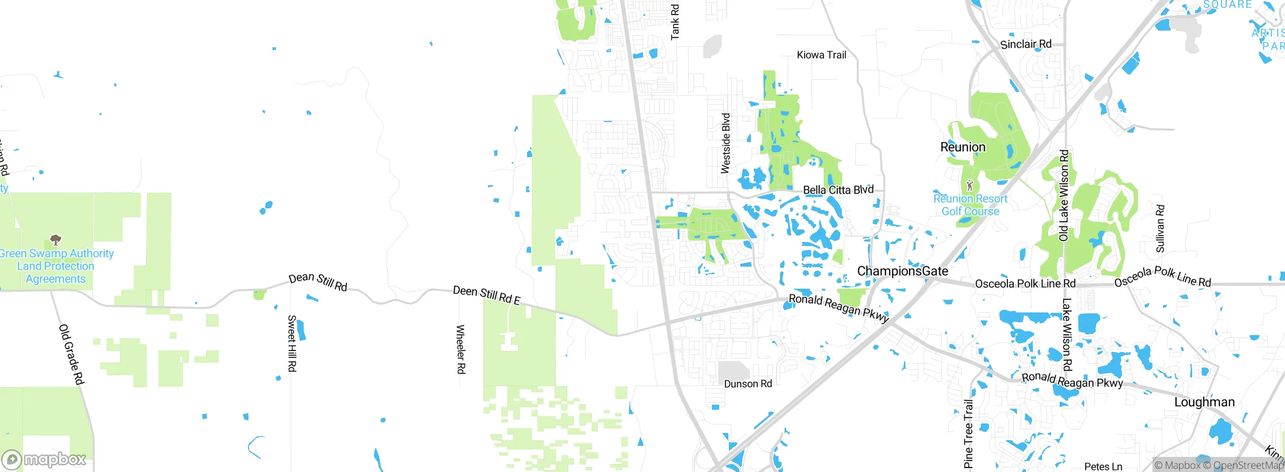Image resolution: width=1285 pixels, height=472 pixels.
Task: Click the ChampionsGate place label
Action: coord(903,272)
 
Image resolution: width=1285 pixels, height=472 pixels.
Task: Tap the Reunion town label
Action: coord(963,147)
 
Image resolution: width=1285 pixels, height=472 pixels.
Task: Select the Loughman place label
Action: coord(1204,402)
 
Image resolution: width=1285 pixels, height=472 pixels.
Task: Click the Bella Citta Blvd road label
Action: coord(838,190)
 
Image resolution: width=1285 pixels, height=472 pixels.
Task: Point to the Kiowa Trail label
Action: coord(821,55)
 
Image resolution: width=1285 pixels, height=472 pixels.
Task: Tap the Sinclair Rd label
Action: coord(1025,44)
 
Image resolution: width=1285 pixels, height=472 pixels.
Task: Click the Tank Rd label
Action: coord(675,22)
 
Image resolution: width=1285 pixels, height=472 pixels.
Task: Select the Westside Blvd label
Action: coord(726,144)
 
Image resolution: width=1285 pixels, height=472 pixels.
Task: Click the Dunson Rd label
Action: coord(748,384)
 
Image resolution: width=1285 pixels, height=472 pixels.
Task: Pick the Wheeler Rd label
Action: coord(460,349)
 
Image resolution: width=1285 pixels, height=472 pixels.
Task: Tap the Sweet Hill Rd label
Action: coord(292,343)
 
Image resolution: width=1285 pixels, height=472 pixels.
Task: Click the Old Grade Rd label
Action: coord(71,355)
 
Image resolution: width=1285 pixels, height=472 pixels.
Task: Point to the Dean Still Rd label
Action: coord(318,282)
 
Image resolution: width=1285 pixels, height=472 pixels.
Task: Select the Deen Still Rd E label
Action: coord(486,295)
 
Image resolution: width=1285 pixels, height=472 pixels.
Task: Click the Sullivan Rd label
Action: coord(1160,228)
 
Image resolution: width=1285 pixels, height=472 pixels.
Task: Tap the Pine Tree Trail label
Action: coord(968,434)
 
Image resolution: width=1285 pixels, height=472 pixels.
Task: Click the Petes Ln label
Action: coord(1103,466)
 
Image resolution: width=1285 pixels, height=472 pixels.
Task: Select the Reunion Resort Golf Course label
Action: coord(970,205)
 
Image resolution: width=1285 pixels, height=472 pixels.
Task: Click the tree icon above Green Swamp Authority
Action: coord(56,240)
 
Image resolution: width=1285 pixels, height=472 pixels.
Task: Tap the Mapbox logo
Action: coord(44,459)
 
